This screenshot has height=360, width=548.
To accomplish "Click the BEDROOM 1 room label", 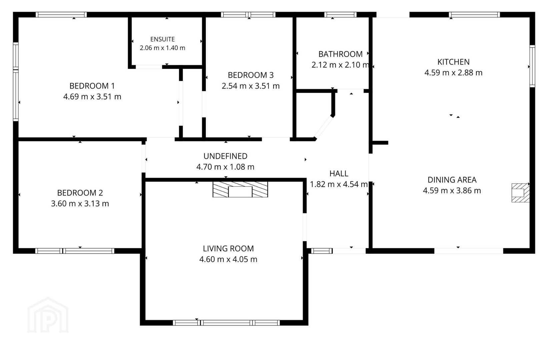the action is tap(92, 86).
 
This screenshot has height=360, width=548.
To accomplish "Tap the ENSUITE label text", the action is tap(162, 39).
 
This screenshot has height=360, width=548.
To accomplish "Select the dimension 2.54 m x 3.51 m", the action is tap(250, 86).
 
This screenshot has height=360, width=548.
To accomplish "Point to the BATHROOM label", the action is tap(340, 54).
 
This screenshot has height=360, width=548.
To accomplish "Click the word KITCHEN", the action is tap(453, 62).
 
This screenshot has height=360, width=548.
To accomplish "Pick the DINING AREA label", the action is tap(452, 180).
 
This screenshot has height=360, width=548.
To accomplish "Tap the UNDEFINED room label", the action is tap(225, 156).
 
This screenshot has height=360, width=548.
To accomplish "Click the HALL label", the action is tap(339, 174).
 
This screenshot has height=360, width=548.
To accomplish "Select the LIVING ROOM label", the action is tap(228, 248).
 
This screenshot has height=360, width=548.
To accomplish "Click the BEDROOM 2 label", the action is tap(80, 193).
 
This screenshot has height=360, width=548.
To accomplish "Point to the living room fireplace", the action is tap(240, 189).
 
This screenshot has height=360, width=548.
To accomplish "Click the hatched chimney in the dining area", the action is tap(521, 193).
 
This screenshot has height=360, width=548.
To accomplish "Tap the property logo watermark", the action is tap(48, 315).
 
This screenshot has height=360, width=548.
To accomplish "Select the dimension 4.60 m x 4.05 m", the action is tap(228, 259).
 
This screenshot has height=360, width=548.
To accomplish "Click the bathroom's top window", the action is tap(340, 15).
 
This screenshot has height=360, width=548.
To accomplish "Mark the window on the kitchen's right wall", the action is tap(532, 66).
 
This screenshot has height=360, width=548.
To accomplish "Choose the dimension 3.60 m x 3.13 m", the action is tap(80, 203).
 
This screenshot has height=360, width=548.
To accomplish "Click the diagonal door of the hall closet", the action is tap(324, 127).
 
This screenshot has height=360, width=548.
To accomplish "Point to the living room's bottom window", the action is tap(226, 323).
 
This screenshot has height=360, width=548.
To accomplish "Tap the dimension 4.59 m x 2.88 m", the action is tap(453, 73).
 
